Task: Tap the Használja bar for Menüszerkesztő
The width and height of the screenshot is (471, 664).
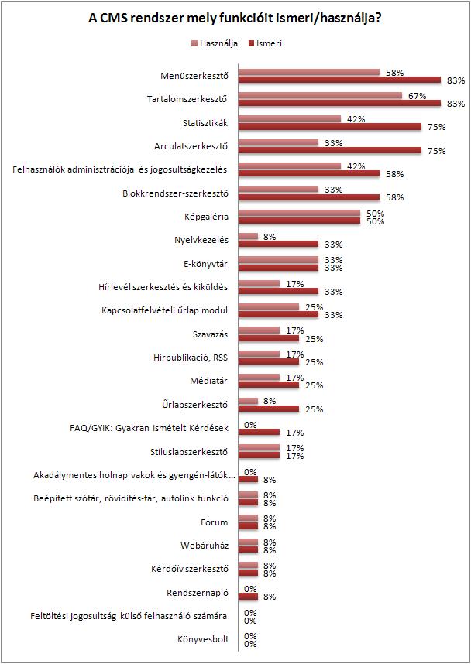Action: [x=309, y=72]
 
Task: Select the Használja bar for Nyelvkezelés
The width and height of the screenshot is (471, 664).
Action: [x=248, y=237]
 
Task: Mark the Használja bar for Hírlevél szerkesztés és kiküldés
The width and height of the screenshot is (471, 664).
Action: [x=259, y=284]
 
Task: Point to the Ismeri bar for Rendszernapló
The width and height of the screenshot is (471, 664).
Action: [x=248, y=597]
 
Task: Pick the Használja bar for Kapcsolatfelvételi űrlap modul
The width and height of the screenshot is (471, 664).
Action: [x=269, y=307]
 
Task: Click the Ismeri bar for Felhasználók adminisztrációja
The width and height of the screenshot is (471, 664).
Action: [x=309, y=174]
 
